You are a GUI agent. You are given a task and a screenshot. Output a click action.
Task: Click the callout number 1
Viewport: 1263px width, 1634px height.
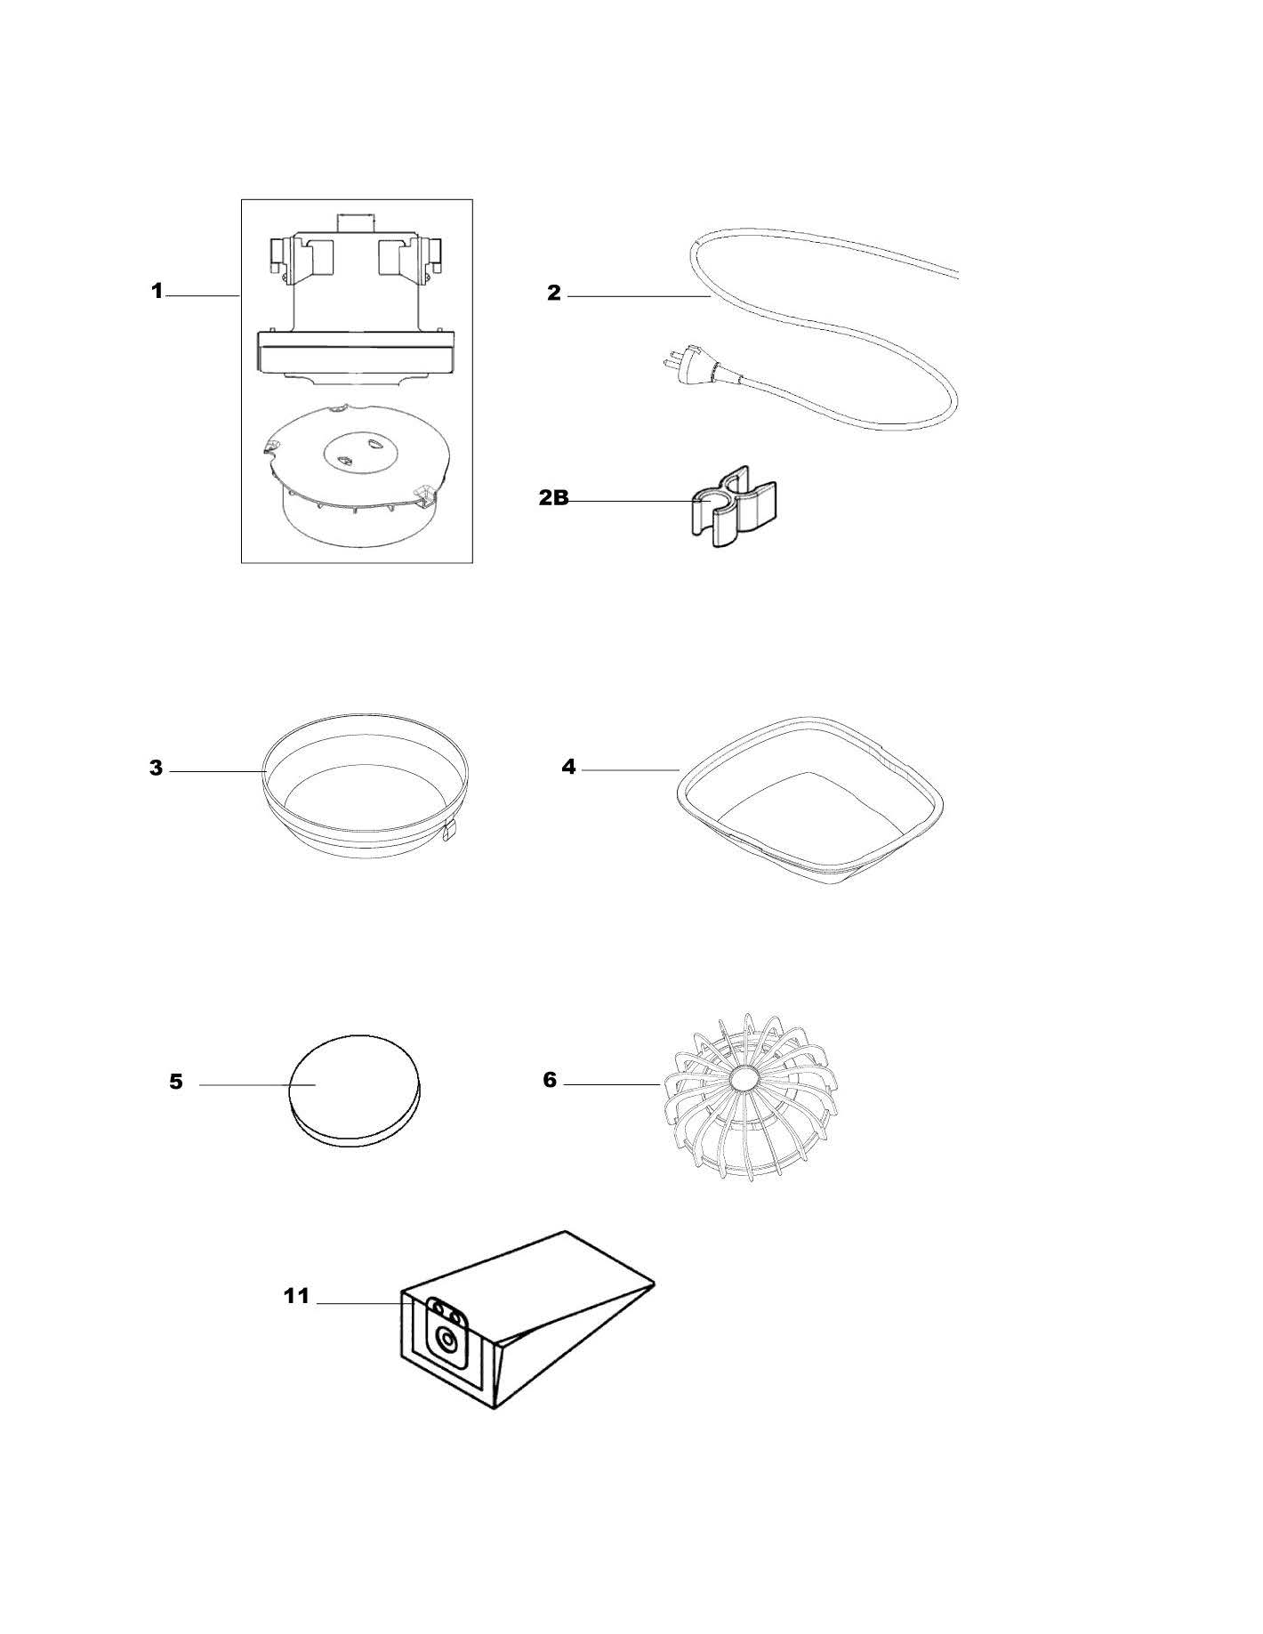[157, 291]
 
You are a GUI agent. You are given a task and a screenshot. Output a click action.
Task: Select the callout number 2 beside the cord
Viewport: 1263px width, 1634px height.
[554, 294]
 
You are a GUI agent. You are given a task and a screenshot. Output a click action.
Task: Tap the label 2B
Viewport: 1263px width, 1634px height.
[553, 498]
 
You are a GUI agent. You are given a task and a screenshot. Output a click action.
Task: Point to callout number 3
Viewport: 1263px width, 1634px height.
[157, 768]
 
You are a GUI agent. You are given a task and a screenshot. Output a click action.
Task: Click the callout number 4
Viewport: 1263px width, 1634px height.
[568, 767]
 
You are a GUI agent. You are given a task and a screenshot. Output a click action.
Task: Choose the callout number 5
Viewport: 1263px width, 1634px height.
[176, 1082]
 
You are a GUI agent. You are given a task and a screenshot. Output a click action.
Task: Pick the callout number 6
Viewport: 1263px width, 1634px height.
[550, 1081]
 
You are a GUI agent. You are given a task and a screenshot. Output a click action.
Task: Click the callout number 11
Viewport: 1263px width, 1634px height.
[296, 1296]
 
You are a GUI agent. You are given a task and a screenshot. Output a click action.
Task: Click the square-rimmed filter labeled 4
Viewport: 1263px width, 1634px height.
[809, 801]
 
